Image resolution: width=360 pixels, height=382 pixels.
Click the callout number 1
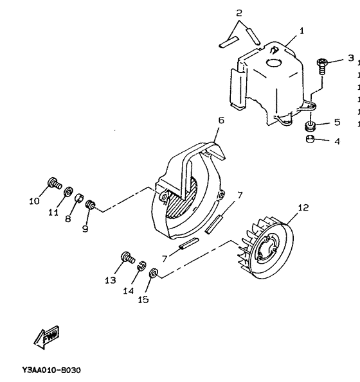click(302, 30)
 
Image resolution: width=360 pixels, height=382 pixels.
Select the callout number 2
click(239, 13)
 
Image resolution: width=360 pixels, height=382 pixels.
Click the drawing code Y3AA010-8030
click(51, 370)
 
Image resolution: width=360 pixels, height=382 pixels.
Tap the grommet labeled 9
click(91, 205)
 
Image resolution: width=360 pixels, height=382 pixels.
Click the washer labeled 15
click(154, 274)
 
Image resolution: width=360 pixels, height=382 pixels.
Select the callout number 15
click(143, 299)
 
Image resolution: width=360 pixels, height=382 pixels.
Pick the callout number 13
click(111, 280)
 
